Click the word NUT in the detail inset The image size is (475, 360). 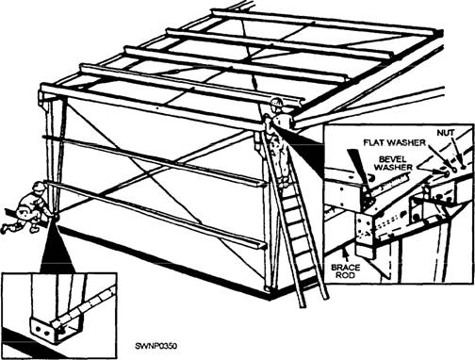[446, 133]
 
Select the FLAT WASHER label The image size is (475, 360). [394, 142]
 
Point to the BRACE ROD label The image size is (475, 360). [346, 271]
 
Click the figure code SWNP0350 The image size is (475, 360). [156, 346]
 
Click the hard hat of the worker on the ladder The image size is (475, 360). [276, 103]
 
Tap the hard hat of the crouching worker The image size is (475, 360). [40, 187]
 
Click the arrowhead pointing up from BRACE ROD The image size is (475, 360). [346, 252]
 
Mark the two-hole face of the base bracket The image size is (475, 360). [42, 328]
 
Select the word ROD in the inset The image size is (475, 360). [346, 275]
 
